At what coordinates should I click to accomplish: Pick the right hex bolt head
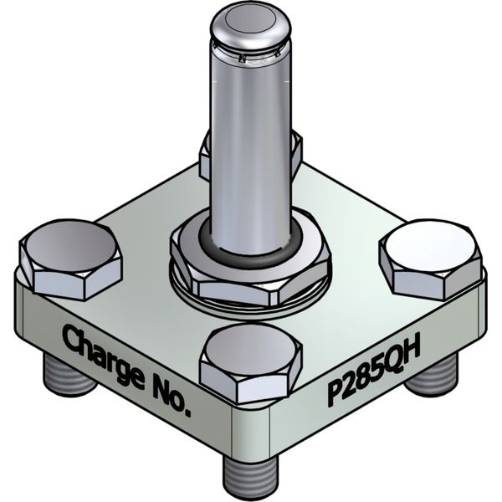(431, 257)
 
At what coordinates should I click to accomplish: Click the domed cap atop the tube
(251, 25)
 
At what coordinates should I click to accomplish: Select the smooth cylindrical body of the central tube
(251, 142)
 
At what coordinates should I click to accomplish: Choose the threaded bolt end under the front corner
(251, 473)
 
